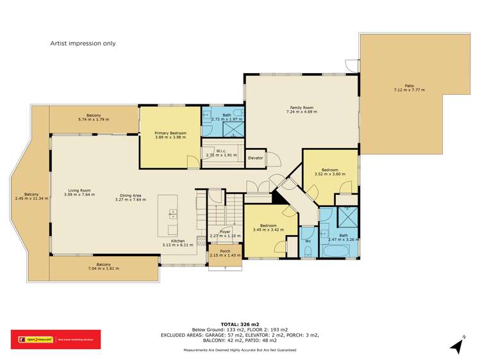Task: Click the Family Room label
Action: [x=301, y=108]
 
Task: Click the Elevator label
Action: [x=256, y=158]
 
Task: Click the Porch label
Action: [x=224, y=251]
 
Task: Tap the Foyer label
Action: [x=225, y=231]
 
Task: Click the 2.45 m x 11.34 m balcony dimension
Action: [x=31, y=199]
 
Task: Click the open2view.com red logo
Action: [x=32, y=340]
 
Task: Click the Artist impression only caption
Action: [x=83, y=44]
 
